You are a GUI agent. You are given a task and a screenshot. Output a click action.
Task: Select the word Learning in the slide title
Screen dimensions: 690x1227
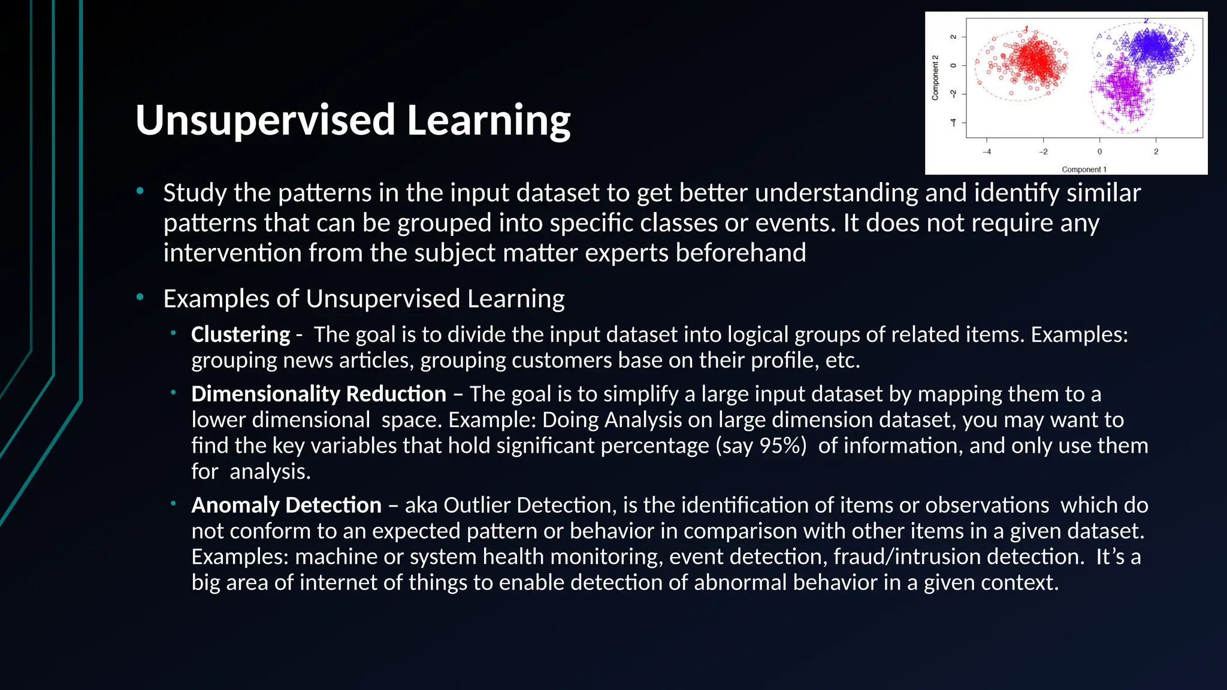tap(488, 120)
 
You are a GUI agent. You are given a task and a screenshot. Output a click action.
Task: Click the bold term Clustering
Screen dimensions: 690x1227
tap(240, 334)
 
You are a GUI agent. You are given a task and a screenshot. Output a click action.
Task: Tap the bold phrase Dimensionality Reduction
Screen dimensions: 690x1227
tap(318, 394)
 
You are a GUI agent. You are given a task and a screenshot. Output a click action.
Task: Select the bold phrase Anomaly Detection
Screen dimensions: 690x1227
tap(286, 506)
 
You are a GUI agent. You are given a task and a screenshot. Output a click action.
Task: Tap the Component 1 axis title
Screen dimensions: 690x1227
tap(1084, 170)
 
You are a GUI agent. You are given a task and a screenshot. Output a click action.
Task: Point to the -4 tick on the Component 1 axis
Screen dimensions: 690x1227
tap(987, 152)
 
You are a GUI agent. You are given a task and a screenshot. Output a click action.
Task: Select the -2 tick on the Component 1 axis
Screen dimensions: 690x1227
tap(1043, 152)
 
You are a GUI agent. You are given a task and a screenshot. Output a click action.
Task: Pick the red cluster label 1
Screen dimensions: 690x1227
tap(1026, 29)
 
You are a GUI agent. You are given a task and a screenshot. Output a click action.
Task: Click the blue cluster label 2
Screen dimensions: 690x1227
tap(1146, 21)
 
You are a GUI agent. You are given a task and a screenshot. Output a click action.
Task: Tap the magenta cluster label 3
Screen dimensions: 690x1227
tap(1122, 56)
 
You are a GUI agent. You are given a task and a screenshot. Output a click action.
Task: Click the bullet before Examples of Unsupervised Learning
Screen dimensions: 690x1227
tap(140, 297)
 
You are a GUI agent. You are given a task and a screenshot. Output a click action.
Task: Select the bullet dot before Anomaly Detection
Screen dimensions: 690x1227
tap(173, 504)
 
